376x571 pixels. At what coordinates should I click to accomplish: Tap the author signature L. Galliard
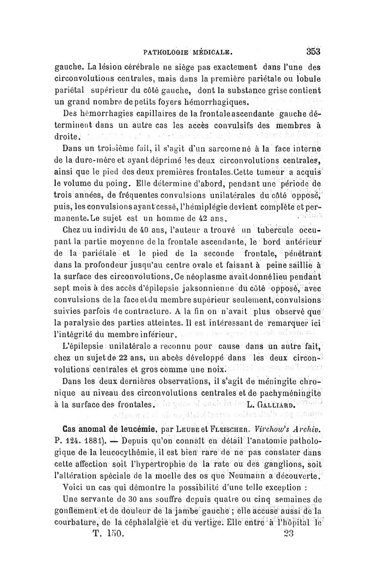point(271,404)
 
